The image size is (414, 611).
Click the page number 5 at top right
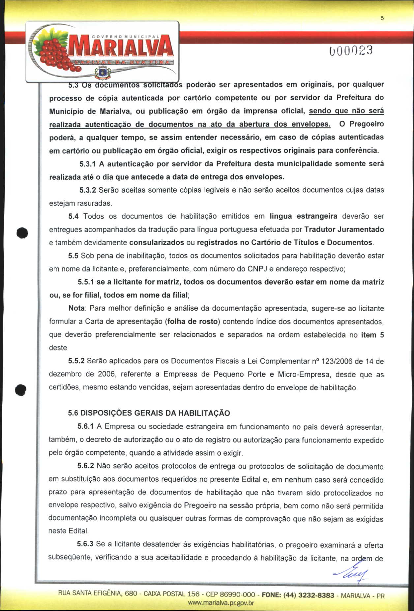click(382, 18)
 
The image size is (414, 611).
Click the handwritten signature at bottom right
click(352, 574)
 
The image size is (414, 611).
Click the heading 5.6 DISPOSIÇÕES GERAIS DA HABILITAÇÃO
click(149, 413)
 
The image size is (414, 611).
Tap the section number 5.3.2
click(87, 190)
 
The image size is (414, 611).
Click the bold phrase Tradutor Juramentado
click(344, 229)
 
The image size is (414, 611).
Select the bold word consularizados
click(157, 243)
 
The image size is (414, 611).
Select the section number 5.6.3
click(85, 544)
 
